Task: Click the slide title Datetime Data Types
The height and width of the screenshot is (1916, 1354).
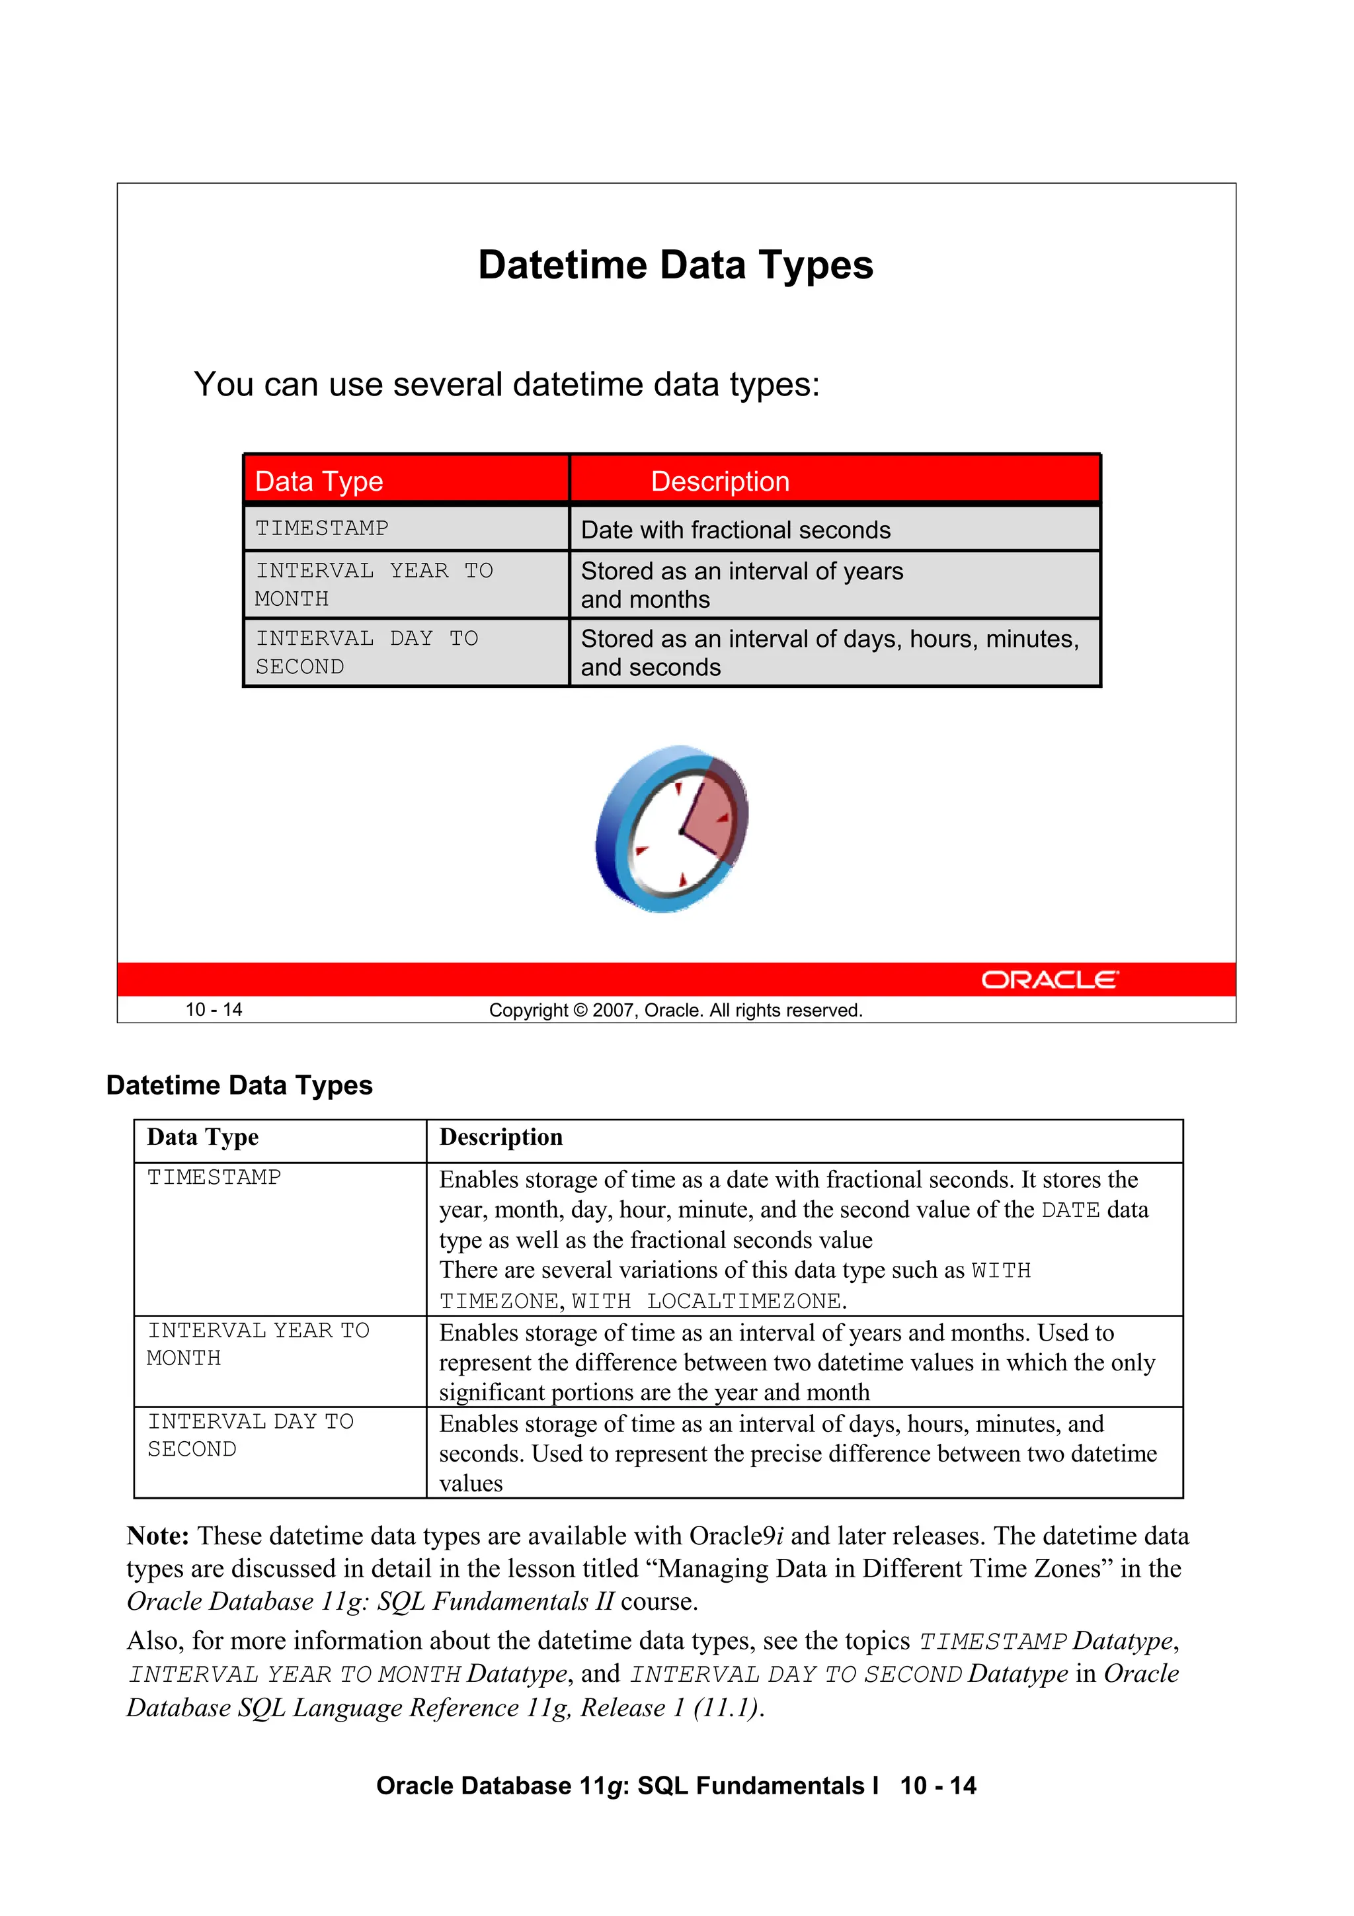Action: point(675,265)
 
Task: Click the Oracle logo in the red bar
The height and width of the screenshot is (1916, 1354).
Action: point(1049,979)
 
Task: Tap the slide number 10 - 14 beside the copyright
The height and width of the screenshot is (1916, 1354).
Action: point(214,1010)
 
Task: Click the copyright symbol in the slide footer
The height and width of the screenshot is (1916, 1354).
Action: point(580,1011)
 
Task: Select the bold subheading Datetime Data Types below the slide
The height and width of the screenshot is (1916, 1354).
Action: point(239,1085)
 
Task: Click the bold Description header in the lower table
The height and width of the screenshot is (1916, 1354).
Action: point(500,1138)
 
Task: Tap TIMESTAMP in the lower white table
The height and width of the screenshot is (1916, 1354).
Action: point(214,1177)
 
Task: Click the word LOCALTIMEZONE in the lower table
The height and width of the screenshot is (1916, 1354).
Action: point(745,1301)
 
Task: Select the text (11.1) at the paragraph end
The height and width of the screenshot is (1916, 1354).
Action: point(727,1708)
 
